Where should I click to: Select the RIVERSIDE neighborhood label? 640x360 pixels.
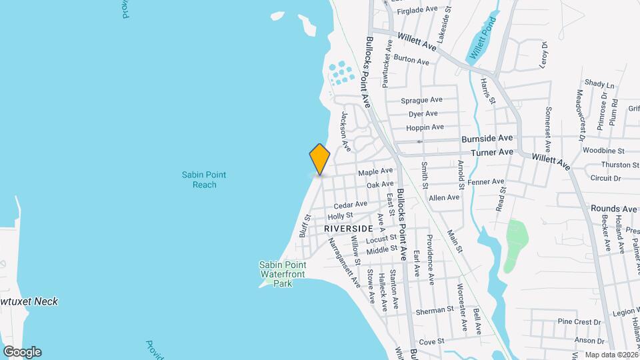[348, 228]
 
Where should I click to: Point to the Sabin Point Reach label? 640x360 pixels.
[204, 179]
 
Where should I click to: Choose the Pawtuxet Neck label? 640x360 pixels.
[28, 301]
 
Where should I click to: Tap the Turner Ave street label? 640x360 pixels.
[492, 152]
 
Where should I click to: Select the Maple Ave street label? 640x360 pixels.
[371, 172]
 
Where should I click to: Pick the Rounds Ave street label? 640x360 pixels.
[613, 209]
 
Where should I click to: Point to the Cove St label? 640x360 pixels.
[432, 341]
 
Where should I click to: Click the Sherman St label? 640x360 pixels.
[435, 310]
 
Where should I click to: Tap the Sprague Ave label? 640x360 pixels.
[421, 100]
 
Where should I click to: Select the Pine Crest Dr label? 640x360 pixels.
[574, 321]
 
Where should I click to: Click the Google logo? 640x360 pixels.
[22, 352]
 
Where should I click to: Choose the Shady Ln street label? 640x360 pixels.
[599, 84]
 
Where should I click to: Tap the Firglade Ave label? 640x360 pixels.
[417, 10]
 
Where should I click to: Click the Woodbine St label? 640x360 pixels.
[603, 151]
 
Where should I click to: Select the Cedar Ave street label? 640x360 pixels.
[351, 205]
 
